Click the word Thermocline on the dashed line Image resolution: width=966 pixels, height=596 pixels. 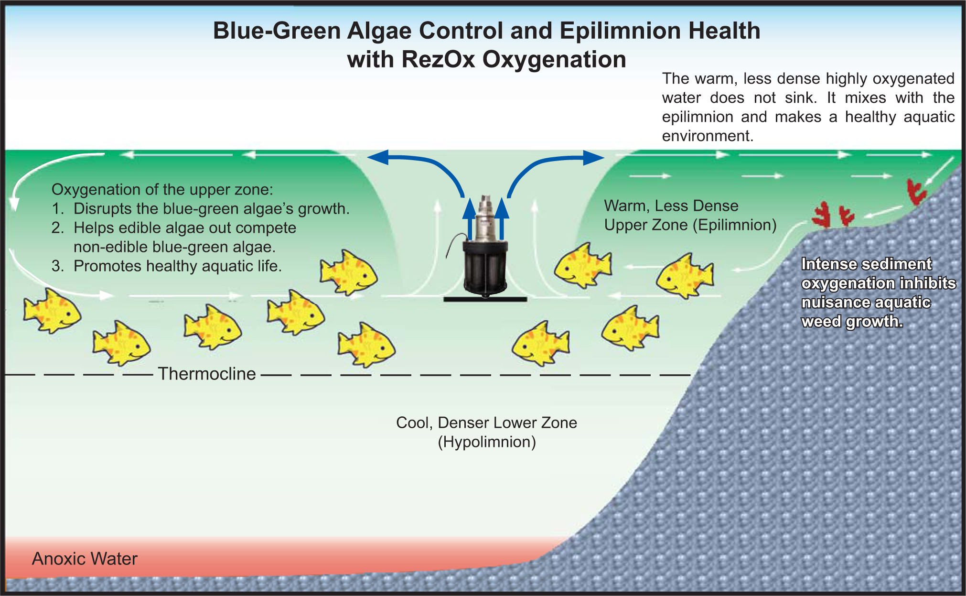point(207,374)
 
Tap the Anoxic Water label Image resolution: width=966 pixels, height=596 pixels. point(85,559)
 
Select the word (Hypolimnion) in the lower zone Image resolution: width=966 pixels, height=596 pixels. point(487,442)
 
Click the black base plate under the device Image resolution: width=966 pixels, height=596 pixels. point(485,300)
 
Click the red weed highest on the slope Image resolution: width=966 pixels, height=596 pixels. point(916,192)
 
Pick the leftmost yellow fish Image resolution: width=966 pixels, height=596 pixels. point(52,311)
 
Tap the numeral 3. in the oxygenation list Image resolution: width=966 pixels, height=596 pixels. point(58,266)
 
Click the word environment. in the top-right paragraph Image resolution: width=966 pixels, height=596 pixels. point(708,136)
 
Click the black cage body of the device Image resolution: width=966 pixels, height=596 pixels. point(485,268)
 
